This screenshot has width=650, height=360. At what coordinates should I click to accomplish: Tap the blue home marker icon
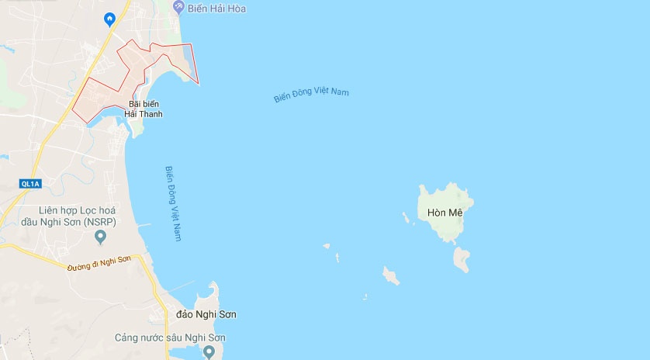pyautogui.click(x=109, y=19)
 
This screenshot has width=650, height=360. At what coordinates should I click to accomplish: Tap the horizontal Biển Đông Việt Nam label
pyautogui.click(x=311, y=94)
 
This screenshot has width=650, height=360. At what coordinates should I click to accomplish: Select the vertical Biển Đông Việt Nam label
pyautogui.click(x=173, y=203)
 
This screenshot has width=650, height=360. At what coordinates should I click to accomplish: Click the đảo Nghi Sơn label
pyautogui.click(x=206, y=314)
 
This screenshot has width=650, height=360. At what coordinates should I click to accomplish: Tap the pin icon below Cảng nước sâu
pyautogui.click(x=208, y=352)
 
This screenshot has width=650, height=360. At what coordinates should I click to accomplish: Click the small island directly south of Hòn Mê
pyautogui.click(x=462, y=259)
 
